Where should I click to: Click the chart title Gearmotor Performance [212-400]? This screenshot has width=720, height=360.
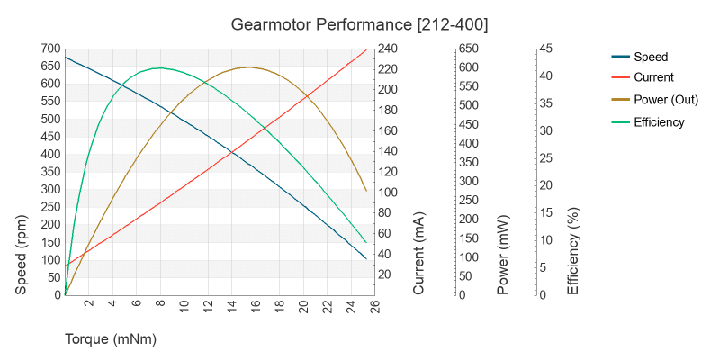tap(359, 24)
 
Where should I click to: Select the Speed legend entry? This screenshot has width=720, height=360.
tap(650, 56)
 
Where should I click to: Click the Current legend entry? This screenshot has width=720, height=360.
tap(653, 77)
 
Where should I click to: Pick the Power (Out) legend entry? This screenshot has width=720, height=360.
tap(666, 100)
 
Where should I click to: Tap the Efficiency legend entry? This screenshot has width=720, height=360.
tap(659, 121)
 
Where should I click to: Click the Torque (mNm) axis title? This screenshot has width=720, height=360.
tap(111, 339)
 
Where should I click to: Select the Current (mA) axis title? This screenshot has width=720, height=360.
tap(419, 255)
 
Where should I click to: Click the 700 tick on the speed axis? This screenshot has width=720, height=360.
tap(49, 49)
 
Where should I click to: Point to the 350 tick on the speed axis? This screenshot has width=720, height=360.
tap(49, 172)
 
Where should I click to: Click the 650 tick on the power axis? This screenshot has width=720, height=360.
tap(469, 49)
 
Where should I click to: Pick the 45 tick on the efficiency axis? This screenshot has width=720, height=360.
tap(547, 49)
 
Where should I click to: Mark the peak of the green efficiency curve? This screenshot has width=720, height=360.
tap(159, 67)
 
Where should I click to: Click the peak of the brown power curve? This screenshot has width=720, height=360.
tap(249, 67)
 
